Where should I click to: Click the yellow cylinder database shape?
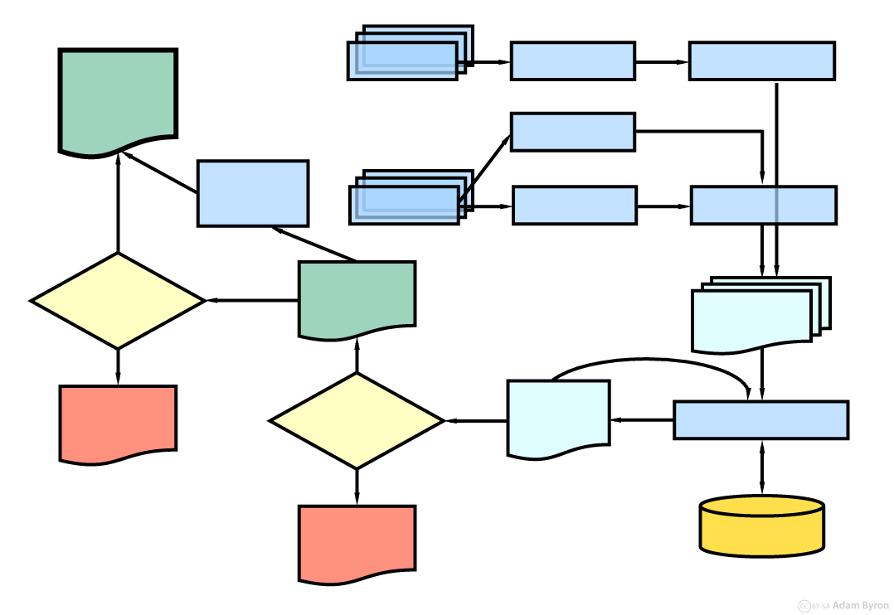[761, 525]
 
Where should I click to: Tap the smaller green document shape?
[357, 298]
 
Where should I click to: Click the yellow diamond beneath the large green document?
[118, 301]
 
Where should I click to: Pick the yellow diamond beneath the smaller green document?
[357, 421]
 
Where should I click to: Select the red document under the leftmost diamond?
[118, 423]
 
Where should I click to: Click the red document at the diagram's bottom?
[357, 543]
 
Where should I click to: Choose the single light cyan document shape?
[558, 418]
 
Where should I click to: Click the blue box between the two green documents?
[253, 193]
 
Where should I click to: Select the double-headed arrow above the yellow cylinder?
[761, 468]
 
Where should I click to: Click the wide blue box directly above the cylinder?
[760, 419]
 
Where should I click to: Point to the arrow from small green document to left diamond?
[252, 300]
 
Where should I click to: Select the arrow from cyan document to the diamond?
[477, 421]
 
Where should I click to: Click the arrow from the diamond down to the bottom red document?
[357, 487]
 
